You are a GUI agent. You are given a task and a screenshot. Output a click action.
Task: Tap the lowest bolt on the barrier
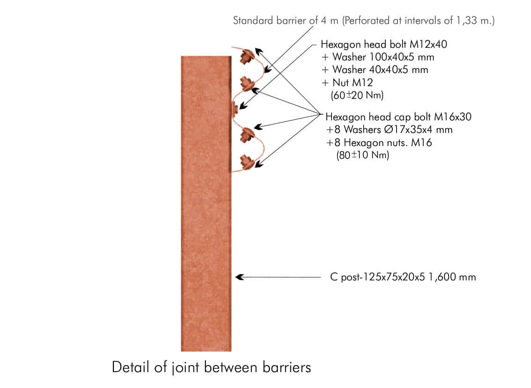click(247, 162)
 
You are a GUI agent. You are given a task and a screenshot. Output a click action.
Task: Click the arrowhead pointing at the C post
click(240, 277)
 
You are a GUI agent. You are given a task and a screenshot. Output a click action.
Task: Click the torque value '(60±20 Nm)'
click(357, 95)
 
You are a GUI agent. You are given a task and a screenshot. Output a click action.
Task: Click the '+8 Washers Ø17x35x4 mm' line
click(389, 130)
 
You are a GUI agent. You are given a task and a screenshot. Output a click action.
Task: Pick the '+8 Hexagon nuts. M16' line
click(379, 143)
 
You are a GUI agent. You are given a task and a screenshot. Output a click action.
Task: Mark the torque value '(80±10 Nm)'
click(363, 155)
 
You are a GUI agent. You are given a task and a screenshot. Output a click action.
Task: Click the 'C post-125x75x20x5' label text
click(377, 277)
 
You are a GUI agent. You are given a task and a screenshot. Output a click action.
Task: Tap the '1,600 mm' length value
click(452, 277)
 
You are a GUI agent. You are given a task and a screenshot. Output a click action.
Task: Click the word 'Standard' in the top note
click(253, 21)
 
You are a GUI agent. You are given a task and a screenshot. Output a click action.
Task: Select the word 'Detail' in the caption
click(130, 367)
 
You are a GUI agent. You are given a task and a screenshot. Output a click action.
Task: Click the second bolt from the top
click(248, 83)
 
